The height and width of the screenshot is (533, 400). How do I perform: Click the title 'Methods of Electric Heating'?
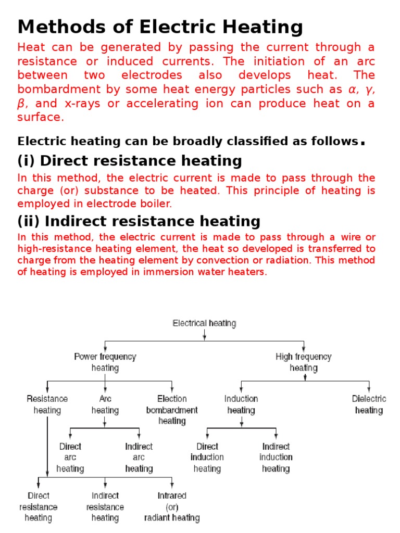point(160,27)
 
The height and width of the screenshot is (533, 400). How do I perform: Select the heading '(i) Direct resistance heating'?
point(130,160)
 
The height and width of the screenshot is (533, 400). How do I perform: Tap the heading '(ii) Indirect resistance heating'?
point(139,221)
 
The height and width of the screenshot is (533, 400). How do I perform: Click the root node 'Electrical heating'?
point(204,323)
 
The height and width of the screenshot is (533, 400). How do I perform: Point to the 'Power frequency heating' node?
point(105,362)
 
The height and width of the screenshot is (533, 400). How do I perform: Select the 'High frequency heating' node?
point(304,362)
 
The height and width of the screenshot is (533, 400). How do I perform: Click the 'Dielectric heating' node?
point(369,404)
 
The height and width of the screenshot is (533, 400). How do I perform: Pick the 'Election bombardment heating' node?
point(172,410)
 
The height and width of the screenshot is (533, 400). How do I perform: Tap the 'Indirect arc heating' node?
point(139,458)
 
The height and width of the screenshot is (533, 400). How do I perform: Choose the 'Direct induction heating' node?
point(207,458)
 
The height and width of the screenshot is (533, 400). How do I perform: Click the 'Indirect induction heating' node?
point(276,458)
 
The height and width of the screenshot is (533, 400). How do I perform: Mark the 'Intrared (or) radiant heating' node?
point(172,506)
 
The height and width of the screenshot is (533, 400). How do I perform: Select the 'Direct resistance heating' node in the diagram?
point(39,506)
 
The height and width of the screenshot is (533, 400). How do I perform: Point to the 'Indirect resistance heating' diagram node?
point(105,506)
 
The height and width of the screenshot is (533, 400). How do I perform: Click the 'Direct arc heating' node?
point(70,458)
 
